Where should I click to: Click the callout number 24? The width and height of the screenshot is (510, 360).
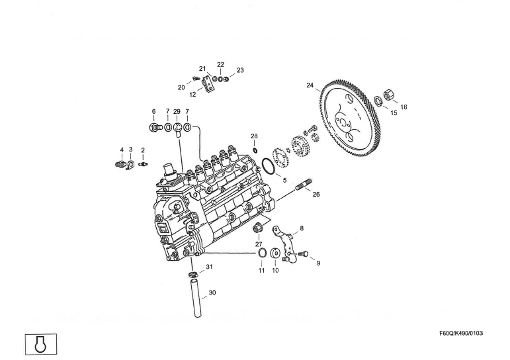[310, 85]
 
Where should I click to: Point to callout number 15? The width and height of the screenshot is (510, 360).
[394, 113]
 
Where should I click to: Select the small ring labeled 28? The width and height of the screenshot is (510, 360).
[254, 149]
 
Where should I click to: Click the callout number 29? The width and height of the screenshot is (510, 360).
[177, 111]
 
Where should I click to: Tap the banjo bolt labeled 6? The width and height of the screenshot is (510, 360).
[155, 126]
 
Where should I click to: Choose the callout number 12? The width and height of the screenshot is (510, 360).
[192, 95]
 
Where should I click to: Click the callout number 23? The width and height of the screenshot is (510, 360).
[240, 70]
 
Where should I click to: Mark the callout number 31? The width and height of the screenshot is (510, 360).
[209, 267]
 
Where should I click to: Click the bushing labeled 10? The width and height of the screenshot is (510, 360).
[275, 254]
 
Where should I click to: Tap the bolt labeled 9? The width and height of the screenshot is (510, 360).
[304, 253]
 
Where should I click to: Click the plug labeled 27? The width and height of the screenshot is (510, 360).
[259, 230]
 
